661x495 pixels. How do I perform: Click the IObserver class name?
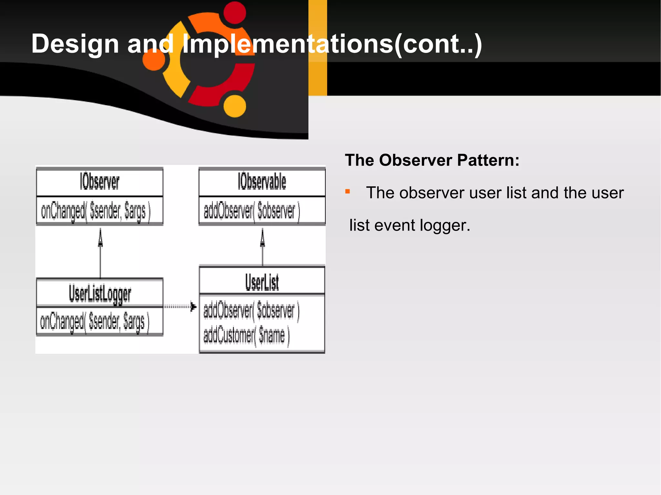[99, 182]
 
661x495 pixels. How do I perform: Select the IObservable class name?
[262, 182]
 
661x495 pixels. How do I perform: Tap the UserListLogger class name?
[100, 294]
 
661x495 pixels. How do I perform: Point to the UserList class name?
[262, 282]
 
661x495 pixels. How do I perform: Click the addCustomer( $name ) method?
[246, 336]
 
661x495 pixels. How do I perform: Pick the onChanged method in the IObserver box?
[96, 211]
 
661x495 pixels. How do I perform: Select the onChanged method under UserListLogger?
[95, 322]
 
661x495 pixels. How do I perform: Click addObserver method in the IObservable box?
[251, 211]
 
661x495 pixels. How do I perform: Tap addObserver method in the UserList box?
[251, 311]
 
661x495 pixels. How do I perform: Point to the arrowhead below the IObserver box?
[100, 239]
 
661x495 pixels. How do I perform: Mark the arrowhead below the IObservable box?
[262, 239]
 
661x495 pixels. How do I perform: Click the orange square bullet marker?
[348, 192]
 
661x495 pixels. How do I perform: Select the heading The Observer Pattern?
[432, 160]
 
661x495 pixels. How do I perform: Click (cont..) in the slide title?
[438, 44]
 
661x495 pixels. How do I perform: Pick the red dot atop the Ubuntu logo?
[235, 13]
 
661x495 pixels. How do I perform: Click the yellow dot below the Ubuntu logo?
[235, 106]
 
